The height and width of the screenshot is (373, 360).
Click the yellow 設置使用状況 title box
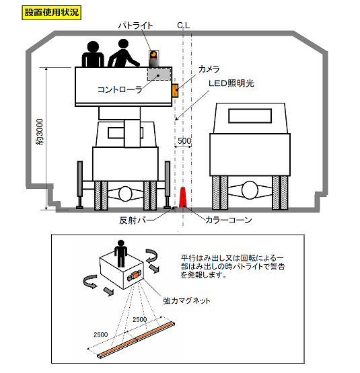51,13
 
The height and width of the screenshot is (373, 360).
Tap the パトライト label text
135,26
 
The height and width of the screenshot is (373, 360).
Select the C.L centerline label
184,26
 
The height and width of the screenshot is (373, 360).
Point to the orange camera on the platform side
175,91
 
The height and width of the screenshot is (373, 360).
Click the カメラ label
209,69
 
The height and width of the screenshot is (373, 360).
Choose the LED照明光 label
231,83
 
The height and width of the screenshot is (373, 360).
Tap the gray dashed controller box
159,74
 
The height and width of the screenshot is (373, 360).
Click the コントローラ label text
120,89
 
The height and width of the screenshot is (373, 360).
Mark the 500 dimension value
184,141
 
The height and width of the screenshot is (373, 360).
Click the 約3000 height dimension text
40,132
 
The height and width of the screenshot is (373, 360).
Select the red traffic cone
183,198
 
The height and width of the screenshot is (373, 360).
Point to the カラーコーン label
229,220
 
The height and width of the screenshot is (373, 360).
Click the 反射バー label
137,220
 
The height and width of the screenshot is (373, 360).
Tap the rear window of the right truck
250,116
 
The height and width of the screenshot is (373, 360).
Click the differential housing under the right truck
250,190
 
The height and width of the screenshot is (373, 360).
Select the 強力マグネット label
186,300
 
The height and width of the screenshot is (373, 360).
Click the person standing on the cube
121,253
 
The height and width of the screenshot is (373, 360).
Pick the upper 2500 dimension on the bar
139,319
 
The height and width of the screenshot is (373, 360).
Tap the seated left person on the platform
93,54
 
